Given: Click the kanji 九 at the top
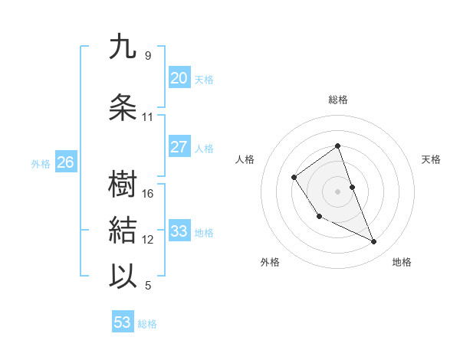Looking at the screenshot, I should click(123, 47).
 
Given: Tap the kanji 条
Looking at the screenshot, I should click(123, 107).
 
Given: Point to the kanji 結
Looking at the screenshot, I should click(123, 230).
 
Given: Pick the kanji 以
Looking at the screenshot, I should click(123, 275).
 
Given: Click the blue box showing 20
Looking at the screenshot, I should click(179, 78).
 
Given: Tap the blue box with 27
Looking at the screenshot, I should click(179, 147).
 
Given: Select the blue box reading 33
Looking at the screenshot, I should click(179, 231).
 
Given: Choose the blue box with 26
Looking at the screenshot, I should click(65, 162).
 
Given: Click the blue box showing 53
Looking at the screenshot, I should click(123, 322).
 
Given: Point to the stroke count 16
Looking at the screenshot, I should click(148, 194).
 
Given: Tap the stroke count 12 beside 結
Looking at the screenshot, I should click(148, 240).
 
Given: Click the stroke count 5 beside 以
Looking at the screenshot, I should click(148, 286).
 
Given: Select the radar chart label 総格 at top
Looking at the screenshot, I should click(337, 100).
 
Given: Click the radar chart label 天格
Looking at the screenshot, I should click(432, 159).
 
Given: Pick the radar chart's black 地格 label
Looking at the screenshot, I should click(402, 263).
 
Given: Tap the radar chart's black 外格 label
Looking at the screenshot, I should click(270, 263).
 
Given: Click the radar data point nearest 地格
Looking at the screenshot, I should click(374, 242).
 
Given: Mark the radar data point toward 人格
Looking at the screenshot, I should click(294, 178).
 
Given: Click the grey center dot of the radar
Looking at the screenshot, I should click(337, 191).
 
